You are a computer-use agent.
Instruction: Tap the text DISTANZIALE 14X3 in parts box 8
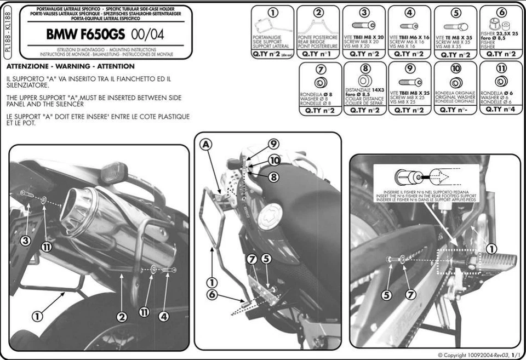(365, 89)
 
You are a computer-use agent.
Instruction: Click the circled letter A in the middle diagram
(205, 145)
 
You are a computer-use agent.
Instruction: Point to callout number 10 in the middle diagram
(275, 160)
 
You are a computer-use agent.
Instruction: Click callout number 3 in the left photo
(25, 241)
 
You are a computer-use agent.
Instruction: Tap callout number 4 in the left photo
(164, 316)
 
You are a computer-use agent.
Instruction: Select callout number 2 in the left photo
(122, 316)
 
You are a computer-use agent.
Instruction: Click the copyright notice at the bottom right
(477, 355)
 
